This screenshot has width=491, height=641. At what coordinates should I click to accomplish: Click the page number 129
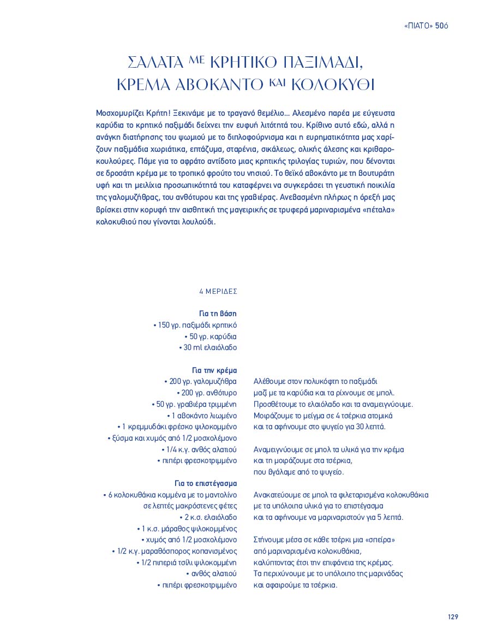coord(452,616)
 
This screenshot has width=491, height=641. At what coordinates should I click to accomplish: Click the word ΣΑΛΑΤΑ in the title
coord(154,62)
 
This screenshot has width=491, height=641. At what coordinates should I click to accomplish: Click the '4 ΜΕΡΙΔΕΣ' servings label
coord(218,292)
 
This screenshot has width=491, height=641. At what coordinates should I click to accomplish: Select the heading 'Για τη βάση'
coord(218,313)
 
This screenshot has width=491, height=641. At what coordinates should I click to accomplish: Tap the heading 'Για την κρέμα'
coord(214,370)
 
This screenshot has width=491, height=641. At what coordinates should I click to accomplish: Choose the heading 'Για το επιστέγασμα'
coord(206,484)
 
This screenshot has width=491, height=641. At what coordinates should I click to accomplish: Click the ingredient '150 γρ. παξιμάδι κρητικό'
coord(195,325)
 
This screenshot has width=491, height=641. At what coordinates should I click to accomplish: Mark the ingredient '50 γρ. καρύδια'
coord(211,336)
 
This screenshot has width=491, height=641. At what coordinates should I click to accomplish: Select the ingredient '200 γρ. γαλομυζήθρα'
coord(200,382)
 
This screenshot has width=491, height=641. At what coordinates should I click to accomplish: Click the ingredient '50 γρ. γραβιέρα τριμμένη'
coord(194,405)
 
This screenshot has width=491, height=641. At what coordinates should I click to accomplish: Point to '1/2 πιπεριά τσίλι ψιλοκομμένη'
coord(187,562)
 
